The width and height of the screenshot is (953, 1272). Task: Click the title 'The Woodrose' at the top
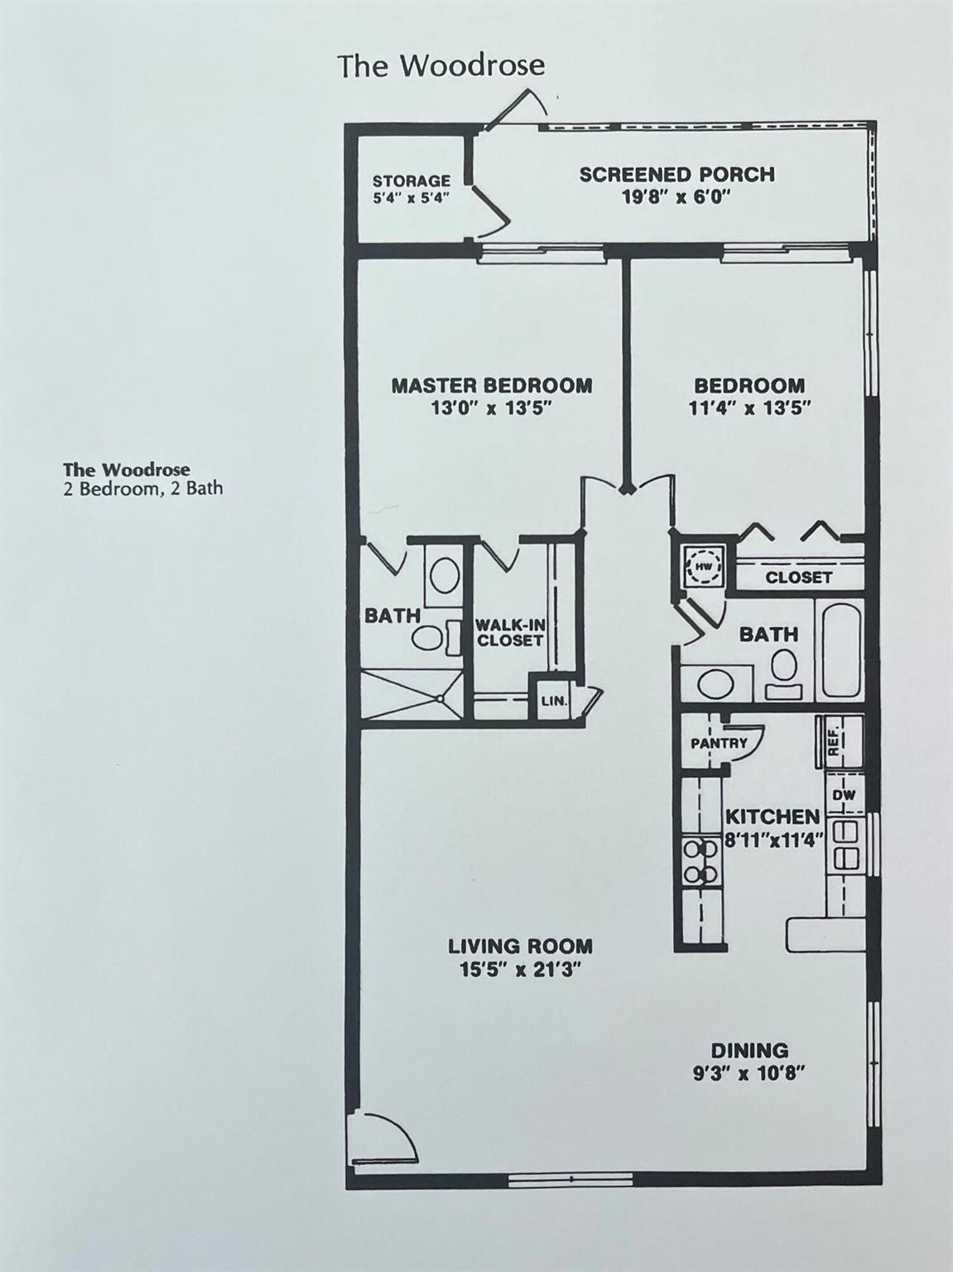[440, 65]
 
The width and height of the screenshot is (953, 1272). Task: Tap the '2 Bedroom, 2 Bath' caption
[142, 489]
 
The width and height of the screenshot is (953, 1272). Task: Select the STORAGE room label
[411, 181]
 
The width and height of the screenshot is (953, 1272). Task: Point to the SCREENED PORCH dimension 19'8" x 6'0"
[676, 197]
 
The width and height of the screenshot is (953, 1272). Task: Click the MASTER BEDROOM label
[491, 385]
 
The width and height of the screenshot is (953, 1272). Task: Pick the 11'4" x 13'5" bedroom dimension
[748, 407]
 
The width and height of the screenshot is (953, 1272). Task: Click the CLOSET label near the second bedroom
[798, 577]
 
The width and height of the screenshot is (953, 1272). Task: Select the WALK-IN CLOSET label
[509, 634]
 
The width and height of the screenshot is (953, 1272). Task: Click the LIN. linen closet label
[554, 701]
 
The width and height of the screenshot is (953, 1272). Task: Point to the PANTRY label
[718, 743]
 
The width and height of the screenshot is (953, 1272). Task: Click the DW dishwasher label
[843, 795]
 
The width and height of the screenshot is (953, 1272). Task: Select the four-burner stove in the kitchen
[700, 861]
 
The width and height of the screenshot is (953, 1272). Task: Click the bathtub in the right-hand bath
[840, 650]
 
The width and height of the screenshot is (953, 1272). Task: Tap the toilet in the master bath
[428, 637]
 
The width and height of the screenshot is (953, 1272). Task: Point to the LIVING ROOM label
[520, 946]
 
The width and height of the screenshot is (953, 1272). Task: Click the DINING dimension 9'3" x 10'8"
[748, 1073]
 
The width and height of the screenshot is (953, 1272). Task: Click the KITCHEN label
[772, 817]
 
